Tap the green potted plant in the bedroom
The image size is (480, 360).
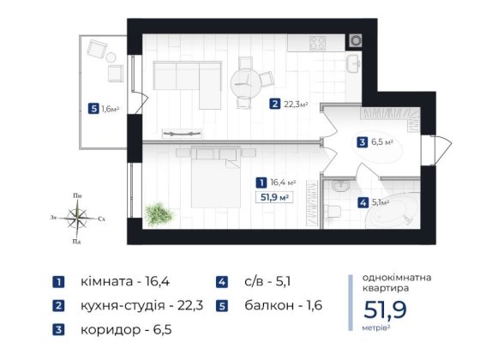pyautogui.click(x=159, y=213)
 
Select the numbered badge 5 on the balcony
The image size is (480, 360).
pyautogui.click(x=93, y=109)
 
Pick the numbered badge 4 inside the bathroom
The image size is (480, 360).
pyautogui.click(x=364, y=203)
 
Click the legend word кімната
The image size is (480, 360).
pyautogui.click(x=102, y=280)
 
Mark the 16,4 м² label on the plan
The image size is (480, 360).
pyautogui.click(x=283, y=182)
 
